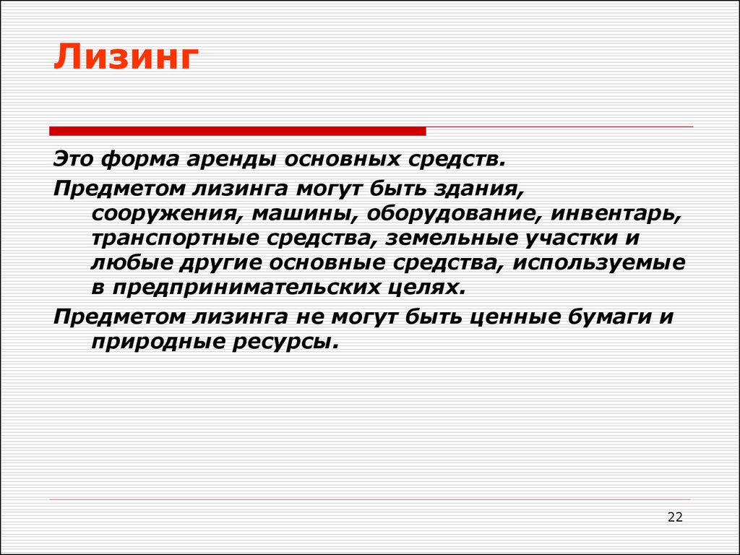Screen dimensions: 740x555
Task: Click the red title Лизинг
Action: click(126, 57)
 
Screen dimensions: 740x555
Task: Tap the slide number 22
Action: click(676, 517)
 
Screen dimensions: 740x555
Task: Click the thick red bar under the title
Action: click(237, 132)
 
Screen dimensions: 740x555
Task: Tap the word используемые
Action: click(599, 264)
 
